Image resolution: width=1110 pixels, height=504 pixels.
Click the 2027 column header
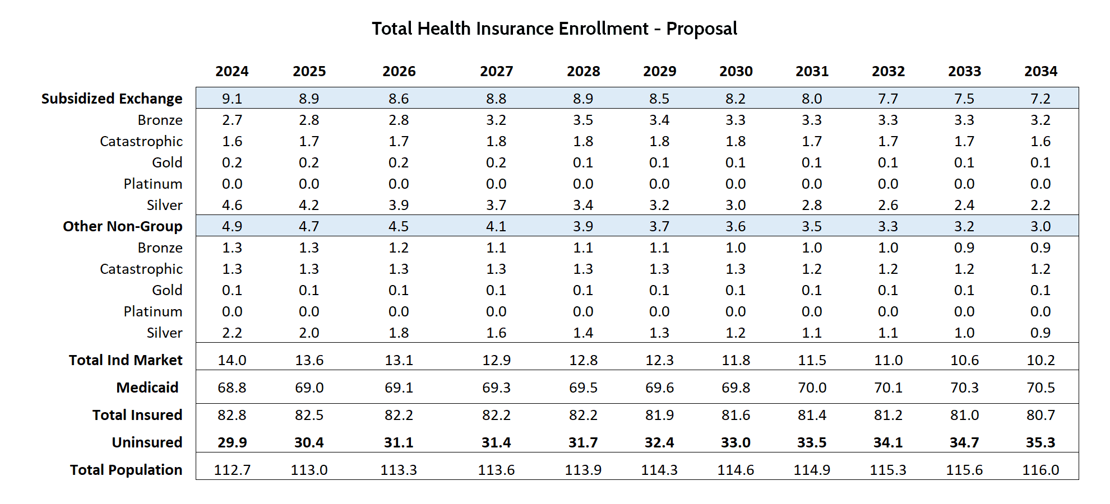coord(496,71)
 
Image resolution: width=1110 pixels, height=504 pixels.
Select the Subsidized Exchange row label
coord(112,99)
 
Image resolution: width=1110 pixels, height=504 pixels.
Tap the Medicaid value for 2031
coord(812,388)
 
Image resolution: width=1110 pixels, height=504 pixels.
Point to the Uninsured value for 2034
coord(1040,442)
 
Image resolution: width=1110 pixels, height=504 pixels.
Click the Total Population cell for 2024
coord(232,470)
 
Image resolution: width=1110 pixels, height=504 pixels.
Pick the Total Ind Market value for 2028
coord(583,360)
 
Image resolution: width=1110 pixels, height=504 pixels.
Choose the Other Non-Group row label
coord(122,226)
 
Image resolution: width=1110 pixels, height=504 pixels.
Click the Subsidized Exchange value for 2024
coord(232,99)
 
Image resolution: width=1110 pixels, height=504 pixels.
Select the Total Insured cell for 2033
coord(964,415)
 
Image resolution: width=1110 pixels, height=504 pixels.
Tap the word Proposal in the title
coord(701,29)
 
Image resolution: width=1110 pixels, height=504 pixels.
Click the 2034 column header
coord(1040,71)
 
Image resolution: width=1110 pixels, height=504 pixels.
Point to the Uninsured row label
coord(147,442)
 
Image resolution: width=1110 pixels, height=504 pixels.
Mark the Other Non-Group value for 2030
coord(736,226)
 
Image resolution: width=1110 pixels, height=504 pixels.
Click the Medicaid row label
coord(147,388)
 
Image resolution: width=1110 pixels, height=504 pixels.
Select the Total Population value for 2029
coord(659,470)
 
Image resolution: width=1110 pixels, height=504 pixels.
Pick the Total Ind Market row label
coord(126,360)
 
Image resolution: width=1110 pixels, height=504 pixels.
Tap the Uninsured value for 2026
coord(399,442)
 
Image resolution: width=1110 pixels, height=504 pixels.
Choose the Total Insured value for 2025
coord(309,415)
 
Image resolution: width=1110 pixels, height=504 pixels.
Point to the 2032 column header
coord(888,71)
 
